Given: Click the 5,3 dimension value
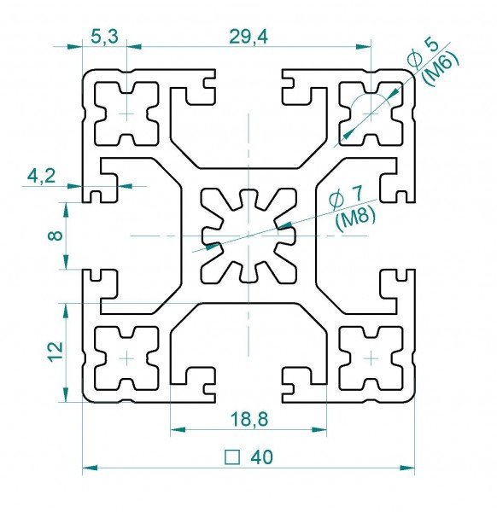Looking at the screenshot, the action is [x=104, y=37].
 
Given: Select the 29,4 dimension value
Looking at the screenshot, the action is [x=248, y=37].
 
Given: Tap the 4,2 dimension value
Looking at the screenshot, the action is [x=42, y=177].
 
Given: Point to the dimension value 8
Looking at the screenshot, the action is [x=57, y=236].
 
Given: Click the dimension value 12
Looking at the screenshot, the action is [x=56, y=352].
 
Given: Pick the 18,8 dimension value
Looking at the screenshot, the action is [x=249, y=419].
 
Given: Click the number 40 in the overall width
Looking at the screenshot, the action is [x=261, y=457].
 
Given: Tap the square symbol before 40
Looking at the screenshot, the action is [x=232, y=457].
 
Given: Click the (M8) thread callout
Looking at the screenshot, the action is [x=355, y=222].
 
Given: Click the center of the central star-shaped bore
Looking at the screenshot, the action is [x=248, y=236].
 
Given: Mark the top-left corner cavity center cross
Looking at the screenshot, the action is [x=126, y=113].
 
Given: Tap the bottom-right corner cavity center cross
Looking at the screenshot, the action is [x=371, y=358].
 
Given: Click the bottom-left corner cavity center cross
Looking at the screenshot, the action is [x=126, y=358].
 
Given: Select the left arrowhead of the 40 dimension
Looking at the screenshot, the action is [x=90, y=468].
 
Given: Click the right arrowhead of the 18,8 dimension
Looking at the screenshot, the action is [x=319, y=430].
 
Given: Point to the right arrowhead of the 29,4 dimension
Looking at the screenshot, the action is [x=363, y=47].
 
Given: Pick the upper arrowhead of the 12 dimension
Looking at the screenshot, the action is [x=67, y=311].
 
